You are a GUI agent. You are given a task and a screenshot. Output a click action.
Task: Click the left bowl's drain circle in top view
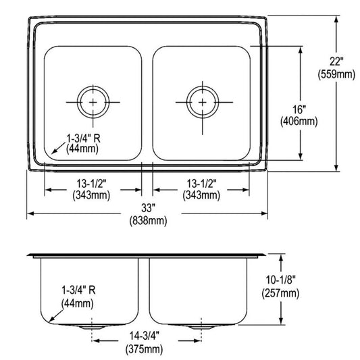[x=93, y=86]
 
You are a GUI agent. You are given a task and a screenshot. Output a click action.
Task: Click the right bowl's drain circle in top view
[x=202, y=86]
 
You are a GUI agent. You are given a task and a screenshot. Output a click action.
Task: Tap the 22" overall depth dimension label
[x=336, y=61]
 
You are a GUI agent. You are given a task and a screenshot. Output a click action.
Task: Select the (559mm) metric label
[x=336, y=74]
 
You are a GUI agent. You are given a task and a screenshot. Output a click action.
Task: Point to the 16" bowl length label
[x=299, y=109]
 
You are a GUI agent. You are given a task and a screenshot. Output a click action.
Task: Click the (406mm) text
[x=299, y=122]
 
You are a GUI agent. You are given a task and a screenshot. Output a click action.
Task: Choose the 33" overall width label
[x=148, y=208]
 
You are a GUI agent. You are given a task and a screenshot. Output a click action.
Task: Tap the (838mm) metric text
[x=148, y=221]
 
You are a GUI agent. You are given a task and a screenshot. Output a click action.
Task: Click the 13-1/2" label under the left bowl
[x=91, y=183]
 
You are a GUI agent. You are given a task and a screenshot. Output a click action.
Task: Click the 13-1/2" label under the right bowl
[x=201, y=183]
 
